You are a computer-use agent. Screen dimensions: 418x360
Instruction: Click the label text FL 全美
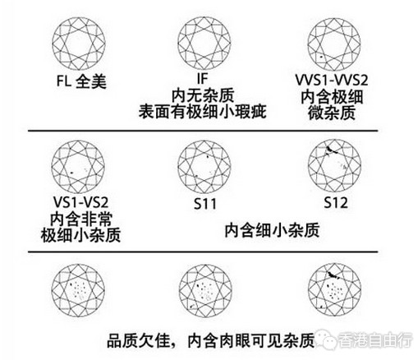pos(81,81)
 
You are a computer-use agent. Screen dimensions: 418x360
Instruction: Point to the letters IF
pos(203,79)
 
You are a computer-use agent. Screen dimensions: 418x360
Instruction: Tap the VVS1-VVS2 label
pos(332,81)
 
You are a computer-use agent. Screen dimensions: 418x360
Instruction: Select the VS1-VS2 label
pos(80,202)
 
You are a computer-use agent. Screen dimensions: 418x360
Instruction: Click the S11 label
pos(205,204)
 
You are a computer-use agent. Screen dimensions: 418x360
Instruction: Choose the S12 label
pos(336,203)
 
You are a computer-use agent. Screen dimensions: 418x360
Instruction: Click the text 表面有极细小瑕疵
pos(203,112)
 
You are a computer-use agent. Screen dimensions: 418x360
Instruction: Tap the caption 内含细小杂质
pos(272,230)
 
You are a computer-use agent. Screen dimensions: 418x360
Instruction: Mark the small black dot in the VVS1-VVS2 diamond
pos(321,57)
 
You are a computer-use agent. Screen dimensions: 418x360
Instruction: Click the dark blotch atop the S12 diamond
pos(331,150)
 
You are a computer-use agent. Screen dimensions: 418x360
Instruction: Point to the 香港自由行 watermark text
pos(374,340)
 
